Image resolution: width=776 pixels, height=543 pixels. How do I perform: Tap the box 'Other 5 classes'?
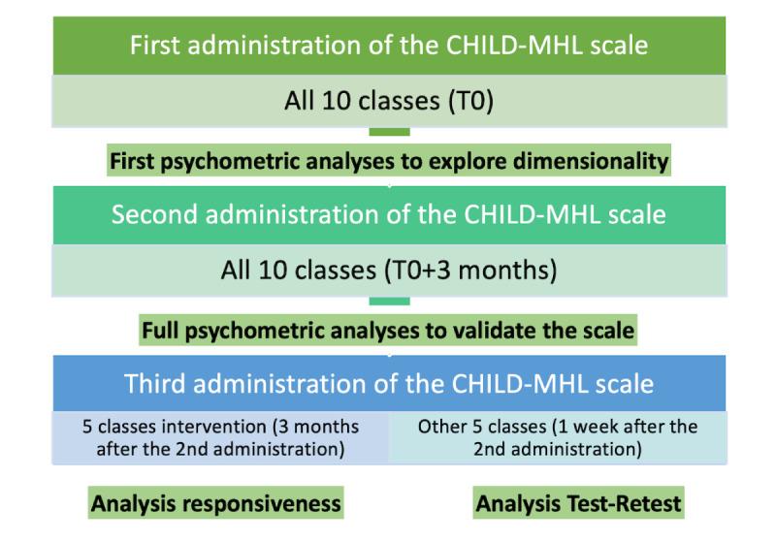click(558, 435)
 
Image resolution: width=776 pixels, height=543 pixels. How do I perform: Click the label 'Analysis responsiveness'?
click(215, 503)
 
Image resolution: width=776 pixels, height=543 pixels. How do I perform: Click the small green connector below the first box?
click(389, 131)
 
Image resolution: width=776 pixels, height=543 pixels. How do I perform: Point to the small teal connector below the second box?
click(389, 301)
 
